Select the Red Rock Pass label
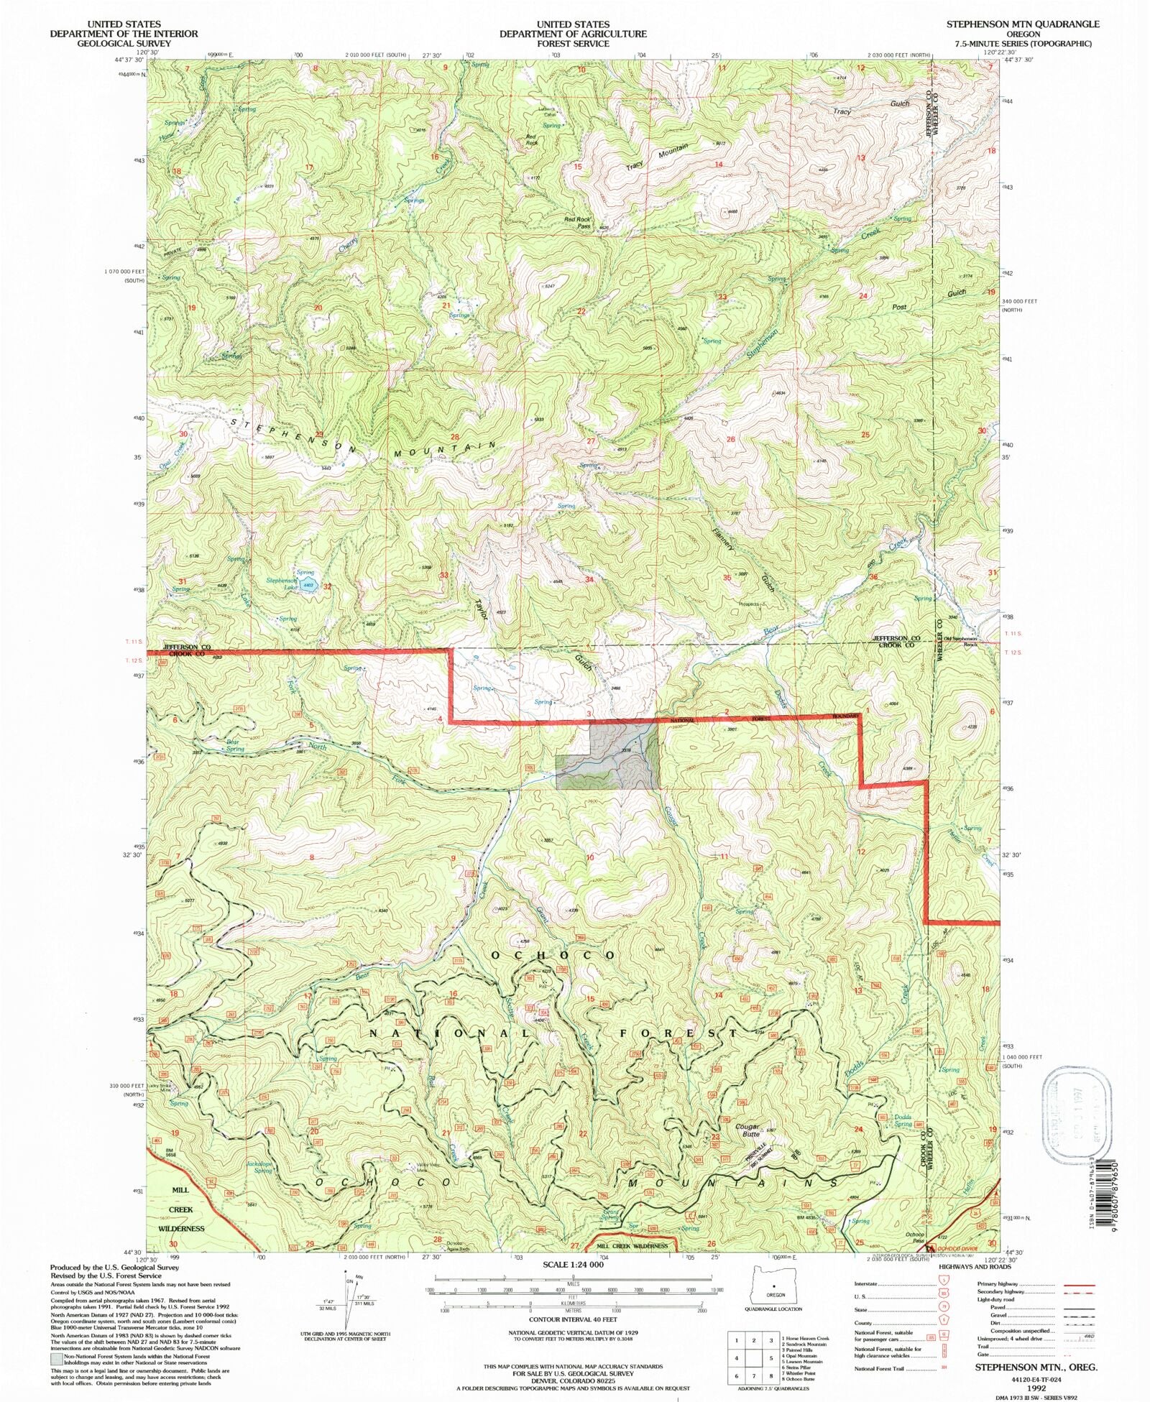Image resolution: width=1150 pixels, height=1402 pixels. point(577,222)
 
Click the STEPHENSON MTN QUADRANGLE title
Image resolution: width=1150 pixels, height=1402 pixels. point(1022,24)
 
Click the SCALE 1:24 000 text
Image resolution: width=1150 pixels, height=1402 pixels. point(574,1265)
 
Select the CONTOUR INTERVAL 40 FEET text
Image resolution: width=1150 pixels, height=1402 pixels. point(573,1321)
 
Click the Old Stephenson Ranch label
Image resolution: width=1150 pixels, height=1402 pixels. point(962,641)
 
